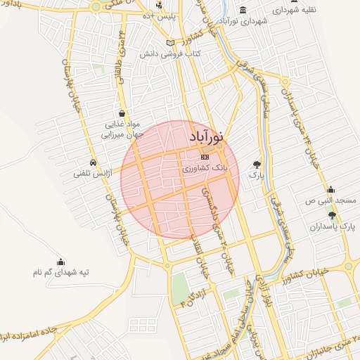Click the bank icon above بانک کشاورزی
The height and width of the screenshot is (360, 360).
tap(205, 157)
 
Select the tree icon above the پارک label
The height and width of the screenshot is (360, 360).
tap(257, 164)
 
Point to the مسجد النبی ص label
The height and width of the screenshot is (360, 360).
tap(331, 200)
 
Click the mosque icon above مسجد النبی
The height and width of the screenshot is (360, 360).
tap(331, 189)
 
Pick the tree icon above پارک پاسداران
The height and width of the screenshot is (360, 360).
tap(332, 216)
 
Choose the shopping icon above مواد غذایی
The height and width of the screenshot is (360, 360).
tap(122, 112)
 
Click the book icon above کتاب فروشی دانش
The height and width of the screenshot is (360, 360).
tap(169, 43)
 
